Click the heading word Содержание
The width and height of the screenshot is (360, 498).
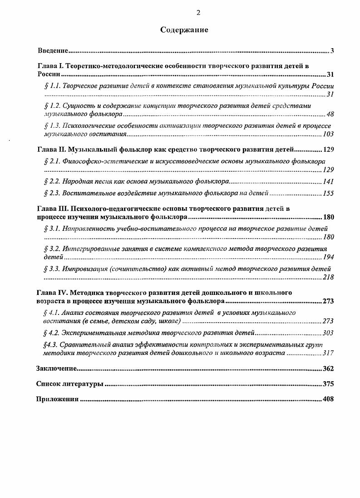(184, 30)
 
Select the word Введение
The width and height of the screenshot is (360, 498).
(52, 50)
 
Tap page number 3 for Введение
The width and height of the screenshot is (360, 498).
(332, 50)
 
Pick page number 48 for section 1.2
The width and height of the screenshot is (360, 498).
(330, 114)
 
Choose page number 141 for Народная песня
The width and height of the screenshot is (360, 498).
(328, 181)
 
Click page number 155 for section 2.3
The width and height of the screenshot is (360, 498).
(328, 193)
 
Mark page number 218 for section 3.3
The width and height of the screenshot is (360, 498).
(328, 277)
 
